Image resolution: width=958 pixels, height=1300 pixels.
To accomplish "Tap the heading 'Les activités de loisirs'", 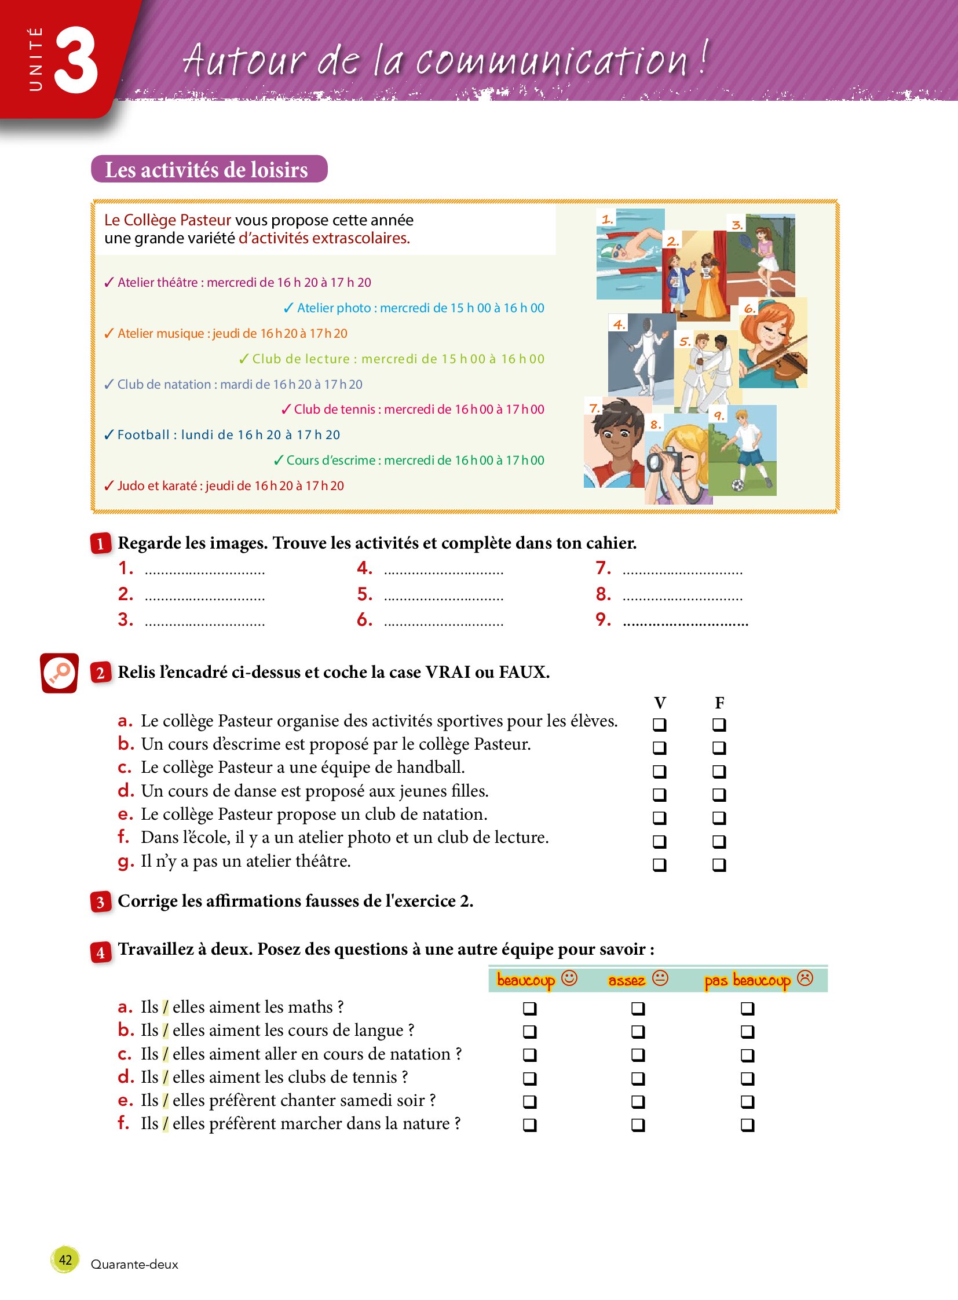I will click(206, 169).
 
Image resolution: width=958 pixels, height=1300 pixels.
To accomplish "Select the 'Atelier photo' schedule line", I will click(414, 308).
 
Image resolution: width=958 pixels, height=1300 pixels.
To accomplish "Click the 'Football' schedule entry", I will click(222, 434).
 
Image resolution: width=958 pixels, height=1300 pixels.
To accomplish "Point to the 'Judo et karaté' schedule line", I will click(224, 485).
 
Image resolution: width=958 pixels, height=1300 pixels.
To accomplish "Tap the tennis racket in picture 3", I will click(745, 240).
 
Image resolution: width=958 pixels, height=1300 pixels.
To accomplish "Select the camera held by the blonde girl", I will click(661, 461).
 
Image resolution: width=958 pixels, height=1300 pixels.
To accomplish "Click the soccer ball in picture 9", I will click(738, 484).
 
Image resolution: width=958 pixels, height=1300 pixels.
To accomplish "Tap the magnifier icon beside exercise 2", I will click(59, 673).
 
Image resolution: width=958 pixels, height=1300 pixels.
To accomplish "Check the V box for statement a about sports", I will click(659, 724).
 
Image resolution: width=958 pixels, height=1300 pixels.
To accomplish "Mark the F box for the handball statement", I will click(719, 771).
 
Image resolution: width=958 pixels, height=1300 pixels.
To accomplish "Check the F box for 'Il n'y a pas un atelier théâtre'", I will click(719, 864).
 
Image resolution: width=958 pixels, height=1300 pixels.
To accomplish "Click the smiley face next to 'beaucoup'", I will click(569, 978).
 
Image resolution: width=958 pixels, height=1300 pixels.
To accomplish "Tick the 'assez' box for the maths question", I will click(638, 1008).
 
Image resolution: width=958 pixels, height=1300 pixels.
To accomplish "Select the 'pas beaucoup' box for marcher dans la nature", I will click(748, 1125).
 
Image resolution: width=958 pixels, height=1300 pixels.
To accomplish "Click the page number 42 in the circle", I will click(65, 1259).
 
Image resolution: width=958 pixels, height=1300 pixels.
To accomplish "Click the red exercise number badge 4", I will click(100, 952).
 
